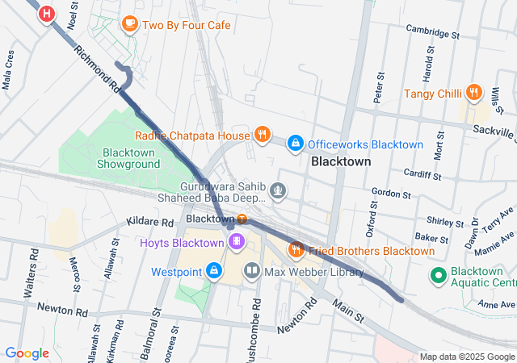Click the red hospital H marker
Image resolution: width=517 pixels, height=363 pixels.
(48, 13)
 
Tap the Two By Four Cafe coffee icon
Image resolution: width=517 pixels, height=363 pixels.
(129, 24)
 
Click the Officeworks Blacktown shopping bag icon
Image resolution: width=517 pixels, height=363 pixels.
(296, 144)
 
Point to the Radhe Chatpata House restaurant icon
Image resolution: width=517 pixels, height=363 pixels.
(262, 135)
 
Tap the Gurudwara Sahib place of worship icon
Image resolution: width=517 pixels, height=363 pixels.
(278, 190)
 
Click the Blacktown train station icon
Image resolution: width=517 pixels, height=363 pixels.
(242, 219)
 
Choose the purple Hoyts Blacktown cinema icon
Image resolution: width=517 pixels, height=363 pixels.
(236, 242)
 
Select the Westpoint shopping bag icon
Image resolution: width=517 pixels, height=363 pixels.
(214, 271)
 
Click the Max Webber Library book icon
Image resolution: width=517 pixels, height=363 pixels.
(252, 271)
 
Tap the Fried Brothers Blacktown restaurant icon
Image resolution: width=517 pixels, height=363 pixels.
(296, 250)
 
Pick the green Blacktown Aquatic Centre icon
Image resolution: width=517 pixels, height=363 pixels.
(439, 276)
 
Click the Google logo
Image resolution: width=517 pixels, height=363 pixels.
(27, 353)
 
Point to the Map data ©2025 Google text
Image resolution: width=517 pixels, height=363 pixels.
(466, 357)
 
